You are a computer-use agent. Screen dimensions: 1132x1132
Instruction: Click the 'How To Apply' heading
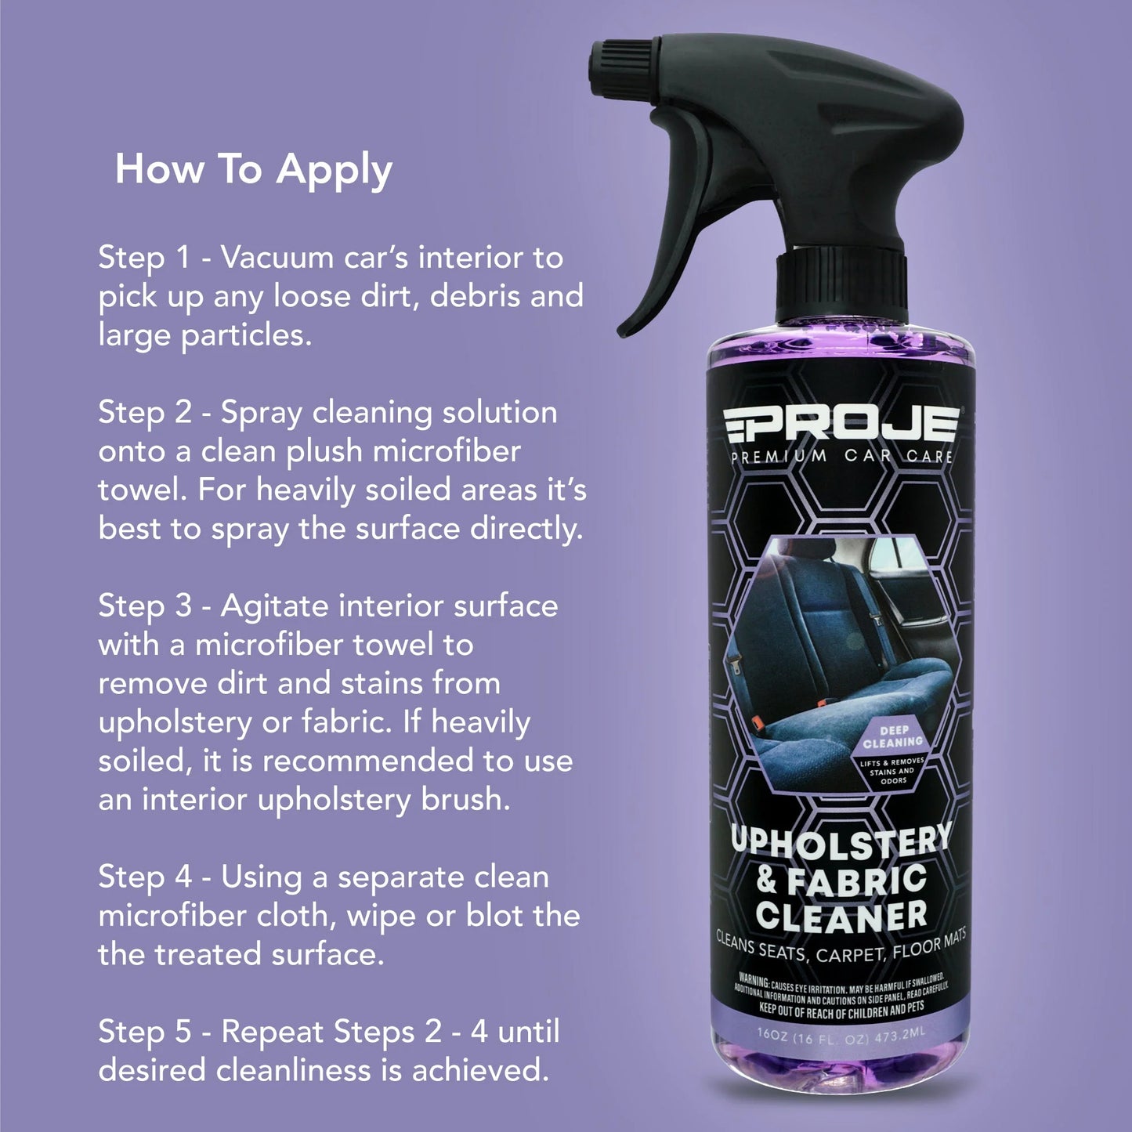point(253,170)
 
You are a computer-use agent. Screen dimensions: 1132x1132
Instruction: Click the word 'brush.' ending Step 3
point(465,799)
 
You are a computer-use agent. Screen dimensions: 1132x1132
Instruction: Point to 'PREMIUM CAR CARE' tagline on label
point(842,456)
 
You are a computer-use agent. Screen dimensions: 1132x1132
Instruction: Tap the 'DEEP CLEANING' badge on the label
point(892,736)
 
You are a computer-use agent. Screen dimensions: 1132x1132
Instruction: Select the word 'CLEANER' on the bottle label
point(841,916)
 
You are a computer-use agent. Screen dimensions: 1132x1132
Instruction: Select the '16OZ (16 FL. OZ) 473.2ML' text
point(841,1034)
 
